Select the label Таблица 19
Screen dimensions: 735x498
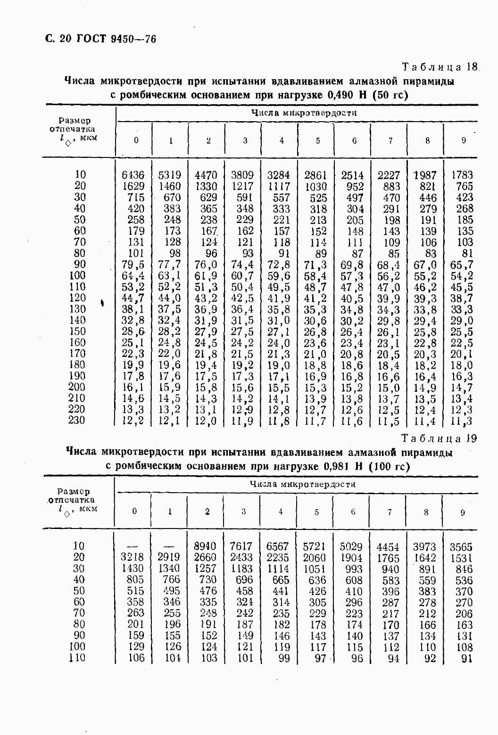tap(439, 438)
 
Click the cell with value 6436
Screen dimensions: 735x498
tap(133, 175)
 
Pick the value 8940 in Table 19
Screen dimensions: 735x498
tap(205, 546)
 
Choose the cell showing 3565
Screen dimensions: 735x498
tap(461, 547)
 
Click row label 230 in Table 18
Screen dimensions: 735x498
tap(76, 420)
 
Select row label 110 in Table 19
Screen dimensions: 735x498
tap(76, 658)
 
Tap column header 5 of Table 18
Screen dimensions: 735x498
tap(318, 140)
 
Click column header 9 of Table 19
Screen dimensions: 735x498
tap(462, 512)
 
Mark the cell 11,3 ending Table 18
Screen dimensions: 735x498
tap(462, 421)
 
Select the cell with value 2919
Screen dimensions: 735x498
tap(168, 558)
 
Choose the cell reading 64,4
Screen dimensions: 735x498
tap(133, 276)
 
